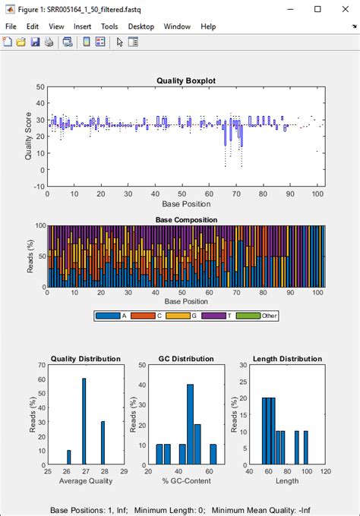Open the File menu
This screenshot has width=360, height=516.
point(11,26)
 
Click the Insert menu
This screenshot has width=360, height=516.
point(82,26)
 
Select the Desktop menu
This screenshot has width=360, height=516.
point(141,26)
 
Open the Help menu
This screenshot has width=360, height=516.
point(208,26)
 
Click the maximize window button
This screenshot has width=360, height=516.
point(317,9)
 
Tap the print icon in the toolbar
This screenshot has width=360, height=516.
point(49,42)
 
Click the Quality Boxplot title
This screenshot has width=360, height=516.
point(186,80)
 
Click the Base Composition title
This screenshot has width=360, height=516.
point(186,220)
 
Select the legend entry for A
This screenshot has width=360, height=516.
point(113,315)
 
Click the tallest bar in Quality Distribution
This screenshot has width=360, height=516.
point(84,421)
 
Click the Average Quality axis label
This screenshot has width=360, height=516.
point(85,480)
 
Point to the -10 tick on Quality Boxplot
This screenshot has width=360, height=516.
point(38,186)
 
